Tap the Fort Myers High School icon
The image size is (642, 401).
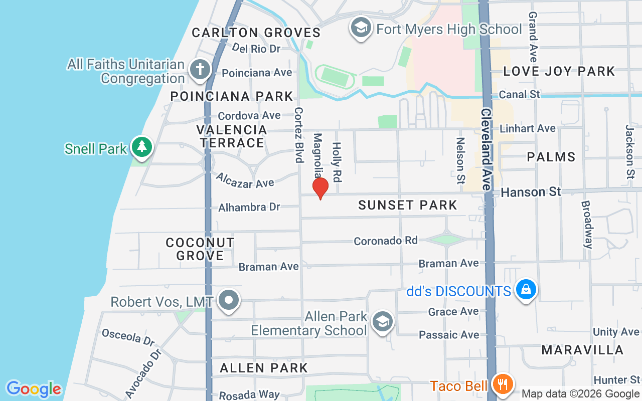(x=361, y=28)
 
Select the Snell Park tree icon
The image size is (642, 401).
(x=142, y=147)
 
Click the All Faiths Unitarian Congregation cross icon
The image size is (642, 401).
(x=200, y=70)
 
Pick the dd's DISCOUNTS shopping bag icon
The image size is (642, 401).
(x=526, y=290)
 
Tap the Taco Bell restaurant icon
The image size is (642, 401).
(x=502, y=384)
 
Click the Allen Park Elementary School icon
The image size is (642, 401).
(x=382, y=323)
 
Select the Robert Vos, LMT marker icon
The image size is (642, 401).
(x=229, y=301)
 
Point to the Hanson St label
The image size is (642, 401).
(x=531, y=192)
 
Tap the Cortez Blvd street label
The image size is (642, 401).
(x=299, y=134)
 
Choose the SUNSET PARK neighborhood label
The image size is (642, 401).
(x=408, y=205)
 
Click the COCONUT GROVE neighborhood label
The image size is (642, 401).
(x=200, y=249)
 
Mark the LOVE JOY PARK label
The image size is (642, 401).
(x=559, y=71)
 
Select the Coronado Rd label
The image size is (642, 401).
(x=385, y=241)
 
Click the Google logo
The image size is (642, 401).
(x=34, y=389)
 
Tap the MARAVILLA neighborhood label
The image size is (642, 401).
(x=582, y=350)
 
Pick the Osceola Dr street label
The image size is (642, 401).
(x=128, y=337)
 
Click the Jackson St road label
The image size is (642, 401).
(x=630, y=151)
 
